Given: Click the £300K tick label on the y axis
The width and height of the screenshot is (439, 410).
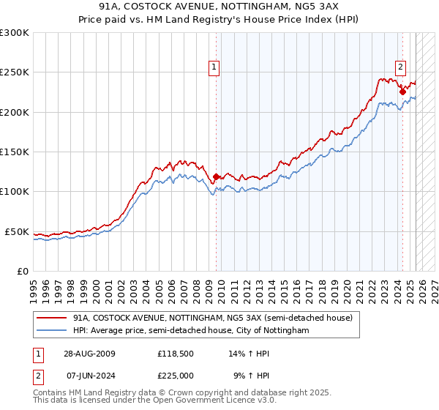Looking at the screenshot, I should click(x=15, y=33).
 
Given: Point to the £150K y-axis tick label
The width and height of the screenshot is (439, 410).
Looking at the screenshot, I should click(x=15, y=152).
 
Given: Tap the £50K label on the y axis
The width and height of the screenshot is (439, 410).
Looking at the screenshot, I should click(x=18, y=231).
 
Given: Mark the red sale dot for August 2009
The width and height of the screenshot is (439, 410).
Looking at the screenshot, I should click(x=216, y=176).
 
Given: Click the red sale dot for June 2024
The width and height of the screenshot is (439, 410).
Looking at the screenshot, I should click(x=402, y=92).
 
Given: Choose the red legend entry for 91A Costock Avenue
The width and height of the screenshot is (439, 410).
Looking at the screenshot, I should click(x=213, y=318).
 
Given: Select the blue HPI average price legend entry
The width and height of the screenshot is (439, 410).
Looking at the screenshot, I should click(x=191, y=331).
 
